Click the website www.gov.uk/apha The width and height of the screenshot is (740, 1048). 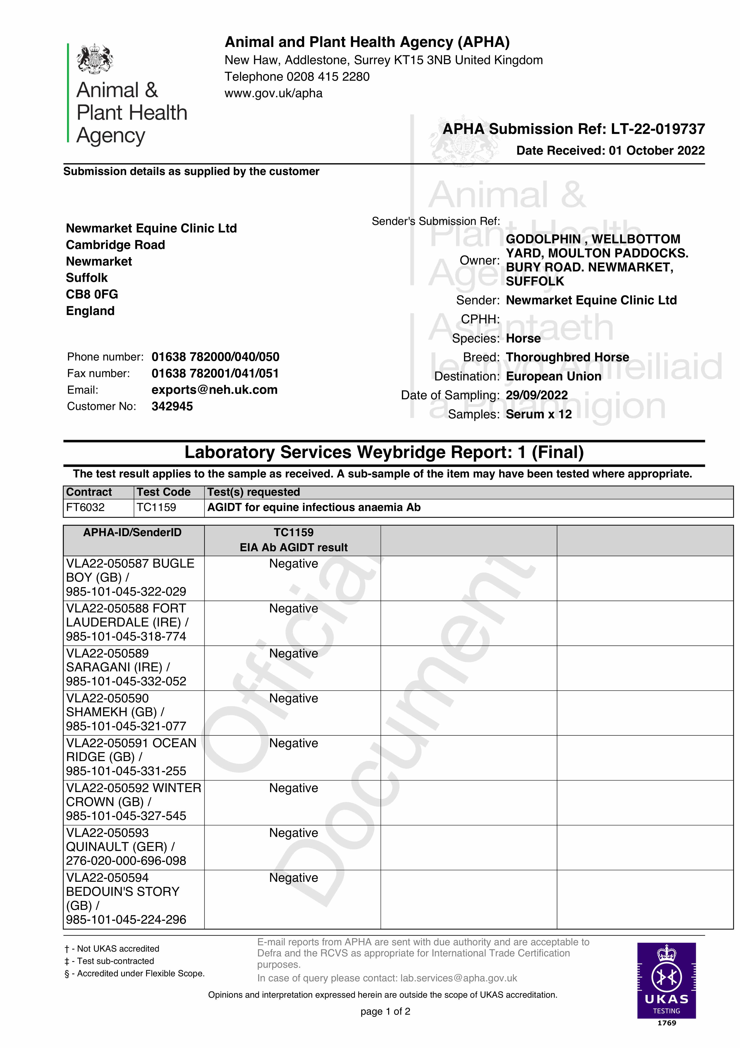point(273,93)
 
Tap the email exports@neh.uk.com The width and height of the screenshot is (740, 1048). point(214,390)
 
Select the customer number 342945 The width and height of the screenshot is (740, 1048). point(172,406)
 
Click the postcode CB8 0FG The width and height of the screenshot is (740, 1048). point(92,294)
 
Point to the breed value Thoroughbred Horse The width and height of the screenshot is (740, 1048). point(567,357)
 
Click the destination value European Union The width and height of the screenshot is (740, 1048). point(553,377)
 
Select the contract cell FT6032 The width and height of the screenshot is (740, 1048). point(85,508)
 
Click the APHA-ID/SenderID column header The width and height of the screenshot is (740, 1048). point(132,533)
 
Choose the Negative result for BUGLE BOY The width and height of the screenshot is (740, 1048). point(293,564)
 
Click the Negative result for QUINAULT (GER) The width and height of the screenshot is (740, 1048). point(293,833)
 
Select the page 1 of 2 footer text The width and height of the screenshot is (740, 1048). point(385,1012)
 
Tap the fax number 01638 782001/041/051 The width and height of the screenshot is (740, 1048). point(215,373)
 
